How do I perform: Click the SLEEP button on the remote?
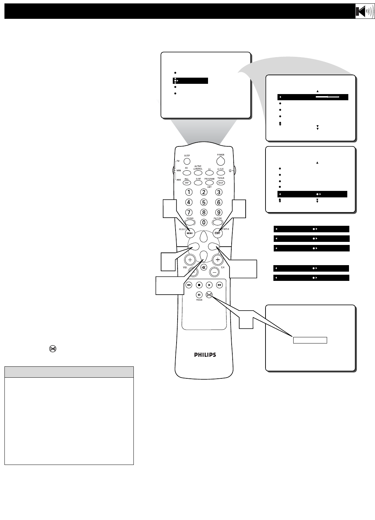[187, 161]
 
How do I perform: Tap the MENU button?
[190, 233]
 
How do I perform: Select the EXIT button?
[217, 233]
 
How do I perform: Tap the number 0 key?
[204, 222]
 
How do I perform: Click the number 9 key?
[219, 212]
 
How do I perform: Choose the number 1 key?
[188, 192]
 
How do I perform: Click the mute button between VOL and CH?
[204, 268]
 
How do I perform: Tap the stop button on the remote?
[199, 285]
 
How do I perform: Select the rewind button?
[189, 285]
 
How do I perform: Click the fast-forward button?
[219, 285]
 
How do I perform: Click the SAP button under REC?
[187, 183]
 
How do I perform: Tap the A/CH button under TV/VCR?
[220, 183]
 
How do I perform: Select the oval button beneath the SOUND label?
[190, 222]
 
